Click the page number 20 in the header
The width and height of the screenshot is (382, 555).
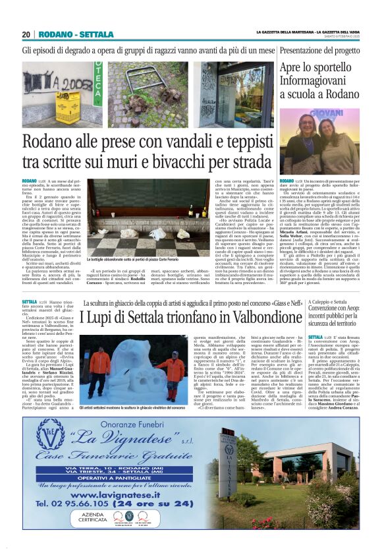(x=26, y=34)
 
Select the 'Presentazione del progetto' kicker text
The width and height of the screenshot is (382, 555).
(x=319, y=50)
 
